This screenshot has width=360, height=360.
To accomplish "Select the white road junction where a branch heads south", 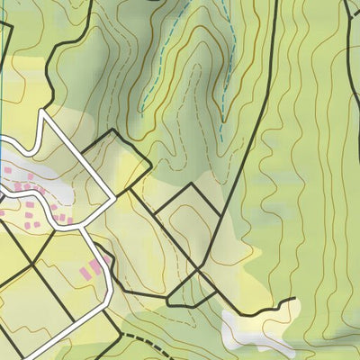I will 82,228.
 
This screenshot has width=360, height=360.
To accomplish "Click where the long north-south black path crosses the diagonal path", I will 199,267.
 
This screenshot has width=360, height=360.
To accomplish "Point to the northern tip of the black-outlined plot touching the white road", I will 112,131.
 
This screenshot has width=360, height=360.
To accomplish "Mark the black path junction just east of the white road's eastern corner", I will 130,190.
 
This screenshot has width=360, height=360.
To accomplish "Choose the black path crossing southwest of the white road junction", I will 33,264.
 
